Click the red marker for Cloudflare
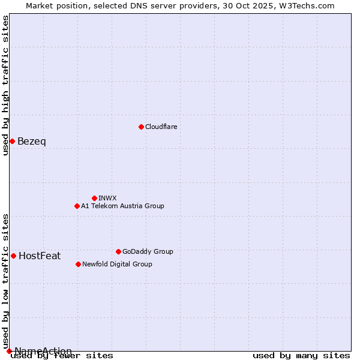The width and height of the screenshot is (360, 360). click(x=141, y=127)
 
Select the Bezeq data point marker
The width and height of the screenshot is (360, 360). click(x=12, y=141)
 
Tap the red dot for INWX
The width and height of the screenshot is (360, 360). click(x=94, y=198)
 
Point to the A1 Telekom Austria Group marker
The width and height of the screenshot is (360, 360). click(x=77, y=206)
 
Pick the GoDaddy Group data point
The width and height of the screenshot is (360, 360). click(x=118, y=251)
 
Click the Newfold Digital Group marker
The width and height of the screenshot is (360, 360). click(x=78, y=264)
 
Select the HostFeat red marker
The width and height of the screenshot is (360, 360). click(x=13, y=256)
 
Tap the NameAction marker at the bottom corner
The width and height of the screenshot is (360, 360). click(x=9, y=351)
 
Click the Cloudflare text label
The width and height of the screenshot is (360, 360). click(x=161, y=127)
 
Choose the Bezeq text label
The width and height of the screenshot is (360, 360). click(x=31, y=142)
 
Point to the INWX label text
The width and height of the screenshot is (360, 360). click(x=107, y=198)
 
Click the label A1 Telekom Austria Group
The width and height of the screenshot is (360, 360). click(x=122, y=206)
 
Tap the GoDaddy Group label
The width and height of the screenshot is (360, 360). click(x=148, y=251)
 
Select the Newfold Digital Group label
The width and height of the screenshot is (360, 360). click(x=117, y=264)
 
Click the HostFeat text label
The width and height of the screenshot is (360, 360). click(x=40, y=256)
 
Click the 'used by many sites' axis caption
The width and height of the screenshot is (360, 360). click(x=301, y=356)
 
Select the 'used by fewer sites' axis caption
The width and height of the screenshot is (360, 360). click(x=62, y=356)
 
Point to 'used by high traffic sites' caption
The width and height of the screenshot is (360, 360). click(x=6, y=85)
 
